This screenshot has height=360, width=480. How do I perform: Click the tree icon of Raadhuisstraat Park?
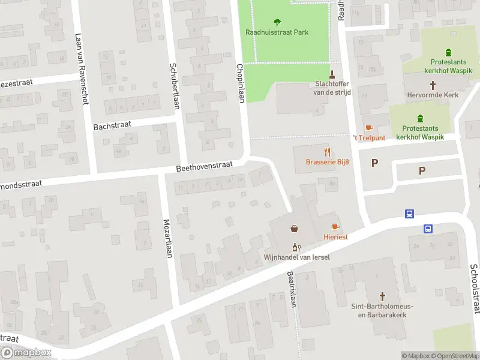[277, 23]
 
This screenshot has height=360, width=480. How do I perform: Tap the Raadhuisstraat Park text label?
[277, 32]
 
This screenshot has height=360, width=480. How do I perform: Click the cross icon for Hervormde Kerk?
[433, 85]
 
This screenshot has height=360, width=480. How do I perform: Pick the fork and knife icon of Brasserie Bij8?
[327, 152]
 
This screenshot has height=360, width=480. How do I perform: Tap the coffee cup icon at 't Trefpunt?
[368, 128]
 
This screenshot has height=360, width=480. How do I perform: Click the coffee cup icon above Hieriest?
[335, 227]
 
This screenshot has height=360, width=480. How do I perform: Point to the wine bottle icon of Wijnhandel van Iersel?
[295, 247]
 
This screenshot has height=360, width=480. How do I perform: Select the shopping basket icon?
[295, 229]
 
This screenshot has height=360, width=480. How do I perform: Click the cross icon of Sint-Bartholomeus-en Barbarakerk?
[382, 296]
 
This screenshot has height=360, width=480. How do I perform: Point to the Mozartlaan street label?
[168, 238]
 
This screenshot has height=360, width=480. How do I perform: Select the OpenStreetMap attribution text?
[455, 356]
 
